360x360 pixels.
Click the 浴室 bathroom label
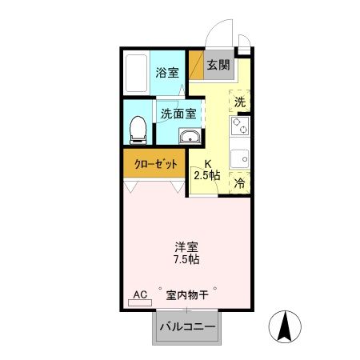(167, 72)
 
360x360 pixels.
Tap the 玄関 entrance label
(218, 66)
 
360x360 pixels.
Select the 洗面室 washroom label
(178, 113)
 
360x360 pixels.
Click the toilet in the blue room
(138, 127)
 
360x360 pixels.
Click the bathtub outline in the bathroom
(137, 74)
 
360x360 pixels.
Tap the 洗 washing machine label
(240, 102)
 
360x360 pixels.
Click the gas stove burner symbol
(240, 126)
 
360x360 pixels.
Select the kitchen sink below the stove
(240, 157)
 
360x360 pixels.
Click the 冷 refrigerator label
(240, 183)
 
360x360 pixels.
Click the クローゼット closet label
(154, 164)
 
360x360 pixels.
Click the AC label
(139, 294)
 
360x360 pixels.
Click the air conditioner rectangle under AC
(139, 305)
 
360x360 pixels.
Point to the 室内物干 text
(188, 294)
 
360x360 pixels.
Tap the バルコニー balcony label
(187, 327)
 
